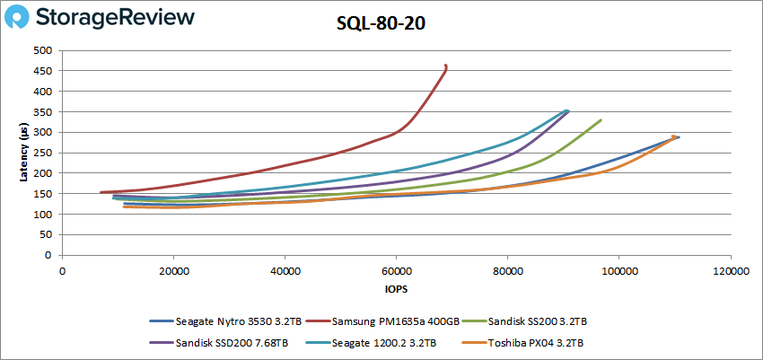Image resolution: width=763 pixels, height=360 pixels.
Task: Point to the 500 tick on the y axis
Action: [x=42, y=50]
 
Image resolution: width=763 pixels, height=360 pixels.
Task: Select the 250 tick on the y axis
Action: [x=42, y=153]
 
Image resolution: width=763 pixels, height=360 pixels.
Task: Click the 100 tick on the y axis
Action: [x=42, y=215]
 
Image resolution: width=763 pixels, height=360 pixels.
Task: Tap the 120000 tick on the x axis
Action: [x=729, y=269]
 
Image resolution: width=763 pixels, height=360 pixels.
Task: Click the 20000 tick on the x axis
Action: [x=173, y=269]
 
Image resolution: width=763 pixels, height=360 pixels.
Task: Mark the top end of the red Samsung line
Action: [x=446, y=66]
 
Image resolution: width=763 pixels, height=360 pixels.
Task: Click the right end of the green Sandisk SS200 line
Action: [x=601, y=119]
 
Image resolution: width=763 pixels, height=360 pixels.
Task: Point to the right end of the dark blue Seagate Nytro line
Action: [x=679, y=137]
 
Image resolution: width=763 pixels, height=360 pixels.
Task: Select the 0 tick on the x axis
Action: [x=62, y=269]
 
